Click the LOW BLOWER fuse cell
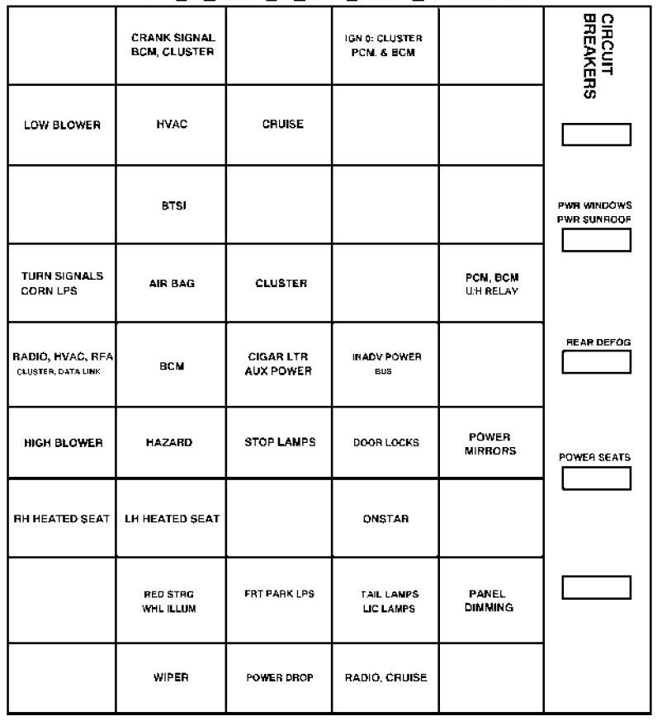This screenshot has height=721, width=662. (61, 125)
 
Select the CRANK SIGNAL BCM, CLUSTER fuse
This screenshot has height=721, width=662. (173, 45)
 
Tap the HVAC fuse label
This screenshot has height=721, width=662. (173, 125)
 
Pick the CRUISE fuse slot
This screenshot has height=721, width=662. (277, 125)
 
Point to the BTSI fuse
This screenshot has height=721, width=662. (173, 205)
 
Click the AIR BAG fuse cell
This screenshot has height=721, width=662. (173, 284)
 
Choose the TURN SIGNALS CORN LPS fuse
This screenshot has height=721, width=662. (61, 283)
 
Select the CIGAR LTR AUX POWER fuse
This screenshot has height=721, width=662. (277, 364)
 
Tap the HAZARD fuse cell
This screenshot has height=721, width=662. (173, 442)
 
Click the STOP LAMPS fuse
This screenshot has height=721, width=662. (277, 442)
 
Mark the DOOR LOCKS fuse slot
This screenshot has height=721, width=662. (385, 442)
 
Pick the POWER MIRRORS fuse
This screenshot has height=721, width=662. (491, 442)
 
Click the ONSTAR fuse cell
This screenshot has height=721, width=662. (385, 519)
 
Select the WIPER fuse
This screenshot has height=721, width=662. (173, 677)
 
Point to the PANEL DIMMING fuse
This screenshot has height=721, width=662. (491, 601)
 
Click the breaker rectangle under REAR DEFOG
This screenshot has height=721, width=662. (596, 361)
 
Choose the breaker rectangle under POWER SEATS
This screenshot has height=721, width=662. (596, 478)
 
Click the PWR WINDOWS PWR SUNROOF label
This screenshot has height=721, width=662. (596, 211)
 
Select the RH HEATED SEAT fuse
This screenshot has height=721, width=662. (61, 519)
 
